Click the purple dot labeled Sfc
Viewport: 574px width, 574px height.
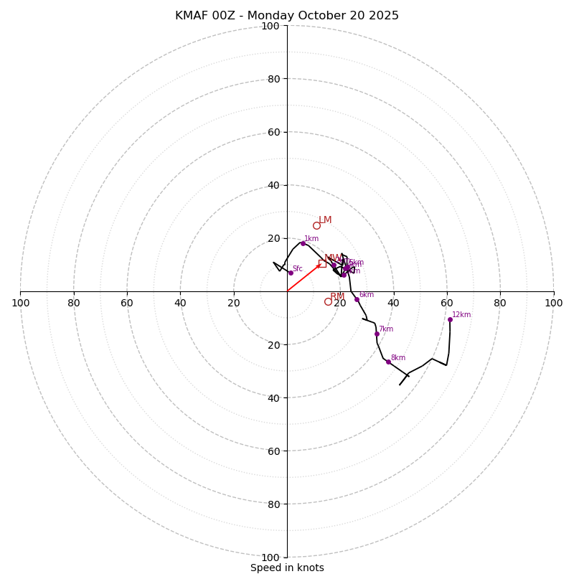tap(291, 273)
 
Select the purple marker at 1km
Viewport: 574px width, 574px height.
tap(303, 243)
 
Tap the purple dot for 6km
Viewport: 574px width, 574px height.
tap(357, 299)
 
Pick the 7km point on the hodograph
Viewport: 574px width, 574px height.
tap(377, 334)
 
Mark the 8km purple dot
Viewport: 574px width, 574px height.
tap(388, 362)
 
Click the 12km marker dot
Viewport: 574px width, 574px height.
tap(450, 319)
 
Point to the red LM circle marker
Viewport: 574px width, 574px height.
tap(316, 225)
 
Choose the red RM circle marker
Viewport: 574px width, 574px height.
tap(328, 301)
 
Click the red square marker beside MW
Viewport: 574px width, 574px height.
tap(322, 263)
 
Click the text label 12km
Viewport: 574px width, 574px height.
tap(461, 314)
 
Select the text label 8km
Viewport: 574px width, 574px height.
tap(398, 357)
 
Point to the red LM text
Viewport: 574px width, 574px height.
tap(325, 220)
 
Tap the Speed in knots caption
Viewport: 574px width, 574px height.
tap(287, 568)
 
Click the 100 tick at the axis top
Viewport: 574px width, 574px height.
tap(270, 26)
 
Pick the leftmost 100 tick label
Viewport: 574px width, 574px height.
tap(20, 303)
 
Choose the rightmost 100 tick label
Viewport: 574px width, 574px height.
tap(554, 303)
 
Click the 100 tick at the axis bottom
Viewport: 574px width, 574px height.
tap(270, 557)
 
